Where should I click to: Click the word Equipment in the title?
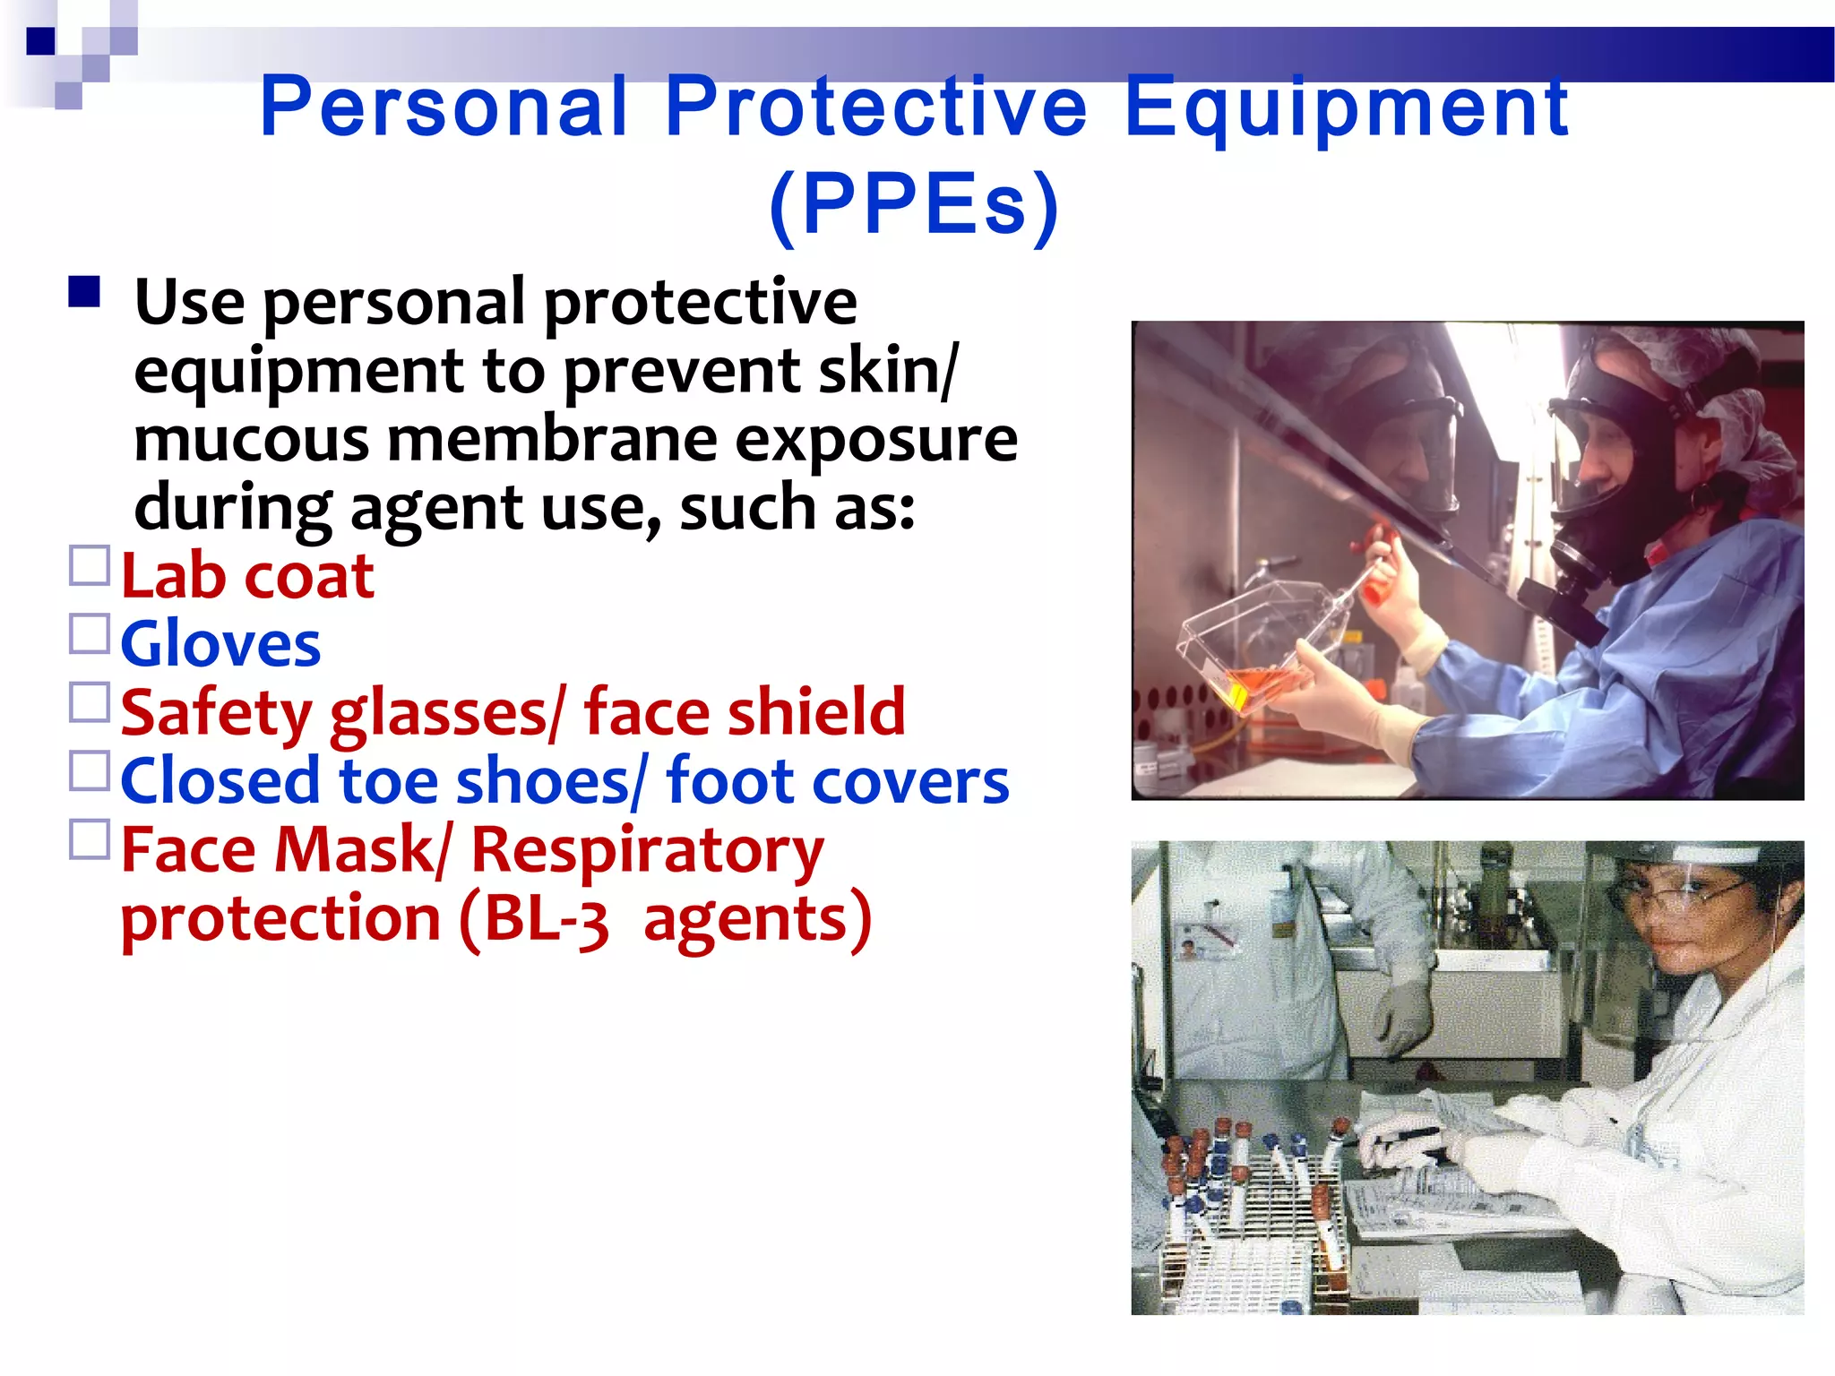(1345, 107)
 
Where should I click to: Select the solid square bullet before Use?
(84, 292)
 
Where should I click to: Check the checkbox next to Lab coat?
(90, 566)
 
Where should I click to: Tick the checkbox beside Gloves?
(90, 634)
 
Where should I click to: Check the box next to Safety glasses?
(90, 703)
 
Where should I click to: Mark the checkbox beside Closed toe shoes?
(90, 771)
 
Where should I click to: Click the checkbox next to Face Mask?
(90, 840)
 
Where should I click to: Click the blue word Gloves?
(220, 645)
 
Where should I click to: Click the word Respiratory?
(647, 851)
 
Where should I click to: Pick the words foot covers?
(838, 781)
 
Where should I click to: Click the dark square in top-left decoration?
(41, 41)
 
